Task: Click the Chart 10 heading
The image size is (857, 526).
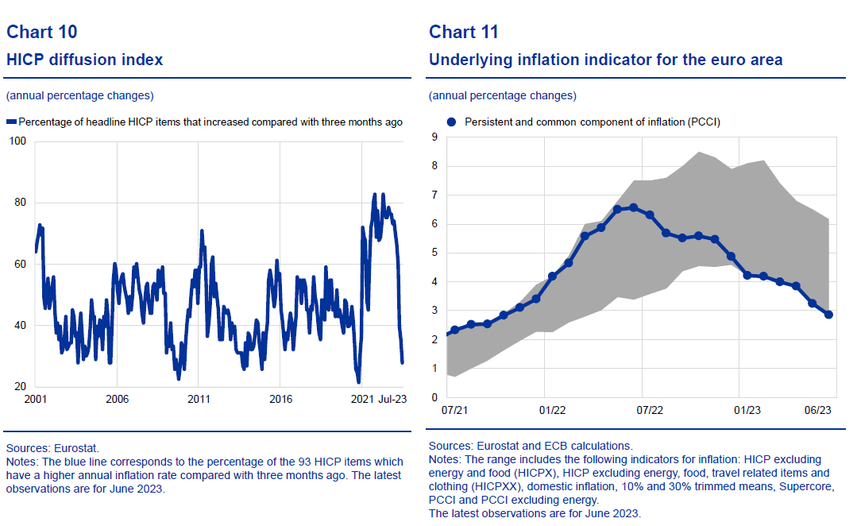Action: click(x=41, y=32)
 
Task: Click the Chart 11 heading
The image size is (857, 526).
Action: click(x=464, y=32)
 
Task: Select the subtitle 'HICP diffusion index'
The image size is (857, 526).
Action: click(x=85, y=60)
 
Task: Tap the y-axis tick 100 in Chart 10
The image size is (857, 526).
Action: click(x=17, y=141)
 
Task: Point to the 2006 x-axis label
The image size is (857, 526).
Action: click(x=117, y=399)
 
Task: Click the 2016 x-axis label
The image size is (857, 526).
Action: click(x=280, y=399)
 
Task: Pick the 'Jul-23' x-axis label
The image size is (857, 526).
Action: click(x=391, y=399)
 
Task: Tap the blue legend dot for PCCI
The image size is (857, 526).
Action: click(x=451, y=122)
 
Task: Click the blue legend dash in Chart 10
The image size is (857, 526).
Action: click(x=11, y=122)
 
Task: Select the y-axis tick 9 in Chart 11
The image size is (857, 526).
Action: click(x=434, y=137)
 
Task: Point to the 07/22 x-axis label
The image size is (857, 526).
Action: click(x=650, y=411)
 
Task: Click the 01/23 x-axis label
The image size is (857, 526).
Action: click(x=747, y=411)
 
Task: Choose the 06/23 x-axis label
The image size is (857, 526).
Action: click(x=818, y=411)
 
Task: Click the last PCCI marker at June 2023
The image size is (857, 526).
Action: click(x=828, y=315)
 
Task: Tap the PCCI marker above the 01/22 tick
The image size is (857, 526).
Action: click(x=552, y=276)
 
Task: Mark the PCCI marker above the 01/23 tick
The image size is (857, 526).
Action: click(x=747, y=275)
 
